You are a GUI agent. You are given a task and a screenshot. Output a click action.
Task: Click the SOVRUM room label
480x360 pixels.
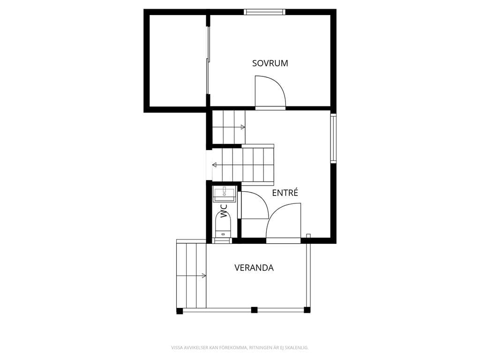(270, 63)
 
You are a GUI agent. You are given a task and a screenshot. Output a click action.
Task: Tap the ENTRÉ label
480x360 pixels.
(285, 193)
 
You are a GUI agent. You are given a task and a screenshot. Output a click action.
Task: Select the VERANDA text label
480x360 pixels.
(254, 268)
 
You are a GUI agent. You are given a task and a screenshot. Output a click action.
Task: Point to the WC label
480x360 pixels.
(225, 211)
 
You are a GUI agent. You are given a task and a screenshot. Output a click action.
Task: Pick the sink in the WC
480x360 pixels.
(225, 194)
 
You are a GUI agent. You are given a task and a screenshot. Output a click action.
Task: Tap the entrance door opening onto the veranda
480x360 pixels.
(283, 222)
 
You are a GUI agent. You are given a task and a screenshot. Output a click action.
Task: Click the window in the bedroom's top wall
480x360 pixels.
(264, 12)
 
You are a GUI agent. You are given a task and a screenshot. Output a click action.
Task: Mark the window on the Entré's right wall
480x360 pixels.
(333, 138)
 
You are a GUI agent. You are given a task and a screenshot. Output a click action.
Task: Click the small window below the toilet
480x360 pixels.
(222, 240)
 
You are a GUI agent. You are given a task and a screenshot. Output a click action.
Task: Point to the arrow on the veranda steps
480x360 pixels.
(191, 276)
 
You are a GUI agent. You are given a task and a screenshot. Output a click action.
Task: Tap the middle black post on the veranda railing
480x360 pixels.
(254, 310)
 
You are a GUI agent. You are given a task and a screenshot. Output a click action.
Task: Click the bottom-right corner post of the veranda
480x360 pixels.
(307, 310)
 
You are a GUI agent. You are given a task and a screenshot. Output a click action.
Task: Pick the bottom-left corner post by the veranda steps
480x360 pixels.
(180, 311)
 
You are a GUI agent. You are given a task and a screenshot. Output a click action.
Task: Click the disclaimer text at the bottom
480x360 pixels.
(240, 347)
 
